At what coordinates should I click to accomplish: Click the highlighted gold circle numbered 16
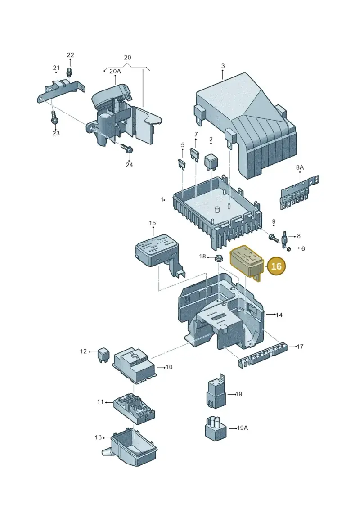point(276,266)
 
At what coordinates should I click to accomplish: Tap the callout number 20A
point(115,71)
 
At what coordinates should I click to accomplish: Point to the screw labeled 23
point(54,118)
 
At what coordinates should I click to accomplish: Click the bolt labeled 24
point(127,149)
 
